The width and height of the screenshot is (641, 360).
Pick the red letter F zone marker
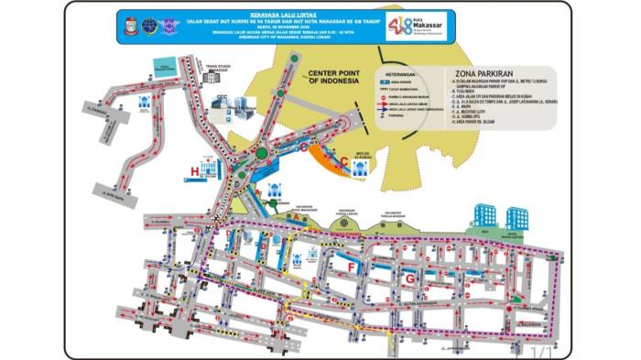pyautogui.click(x=351, y=267)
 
